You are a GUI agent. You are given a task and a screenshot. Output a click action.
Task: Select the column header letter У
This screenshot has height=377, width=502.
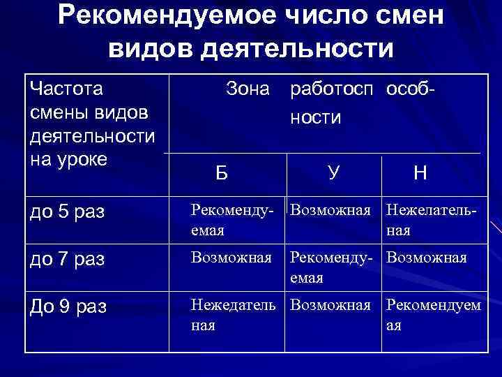333,171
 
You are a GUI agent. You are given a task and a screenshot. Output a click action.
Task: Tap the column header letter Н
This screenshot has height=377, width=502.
420,172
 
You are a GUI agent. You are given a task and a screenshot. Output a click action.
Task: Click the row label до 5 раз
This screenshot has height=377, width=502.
67,212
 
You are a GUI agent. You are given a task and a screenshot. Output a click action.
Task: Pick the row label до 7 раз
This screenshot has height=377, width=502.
67,259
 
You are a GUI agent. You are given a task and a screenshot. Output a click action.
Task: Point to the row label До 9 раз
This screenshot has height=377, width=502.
67,306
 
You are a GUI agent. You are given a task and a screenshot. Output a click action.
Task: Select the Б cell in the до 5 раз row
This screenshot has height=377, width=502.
232,219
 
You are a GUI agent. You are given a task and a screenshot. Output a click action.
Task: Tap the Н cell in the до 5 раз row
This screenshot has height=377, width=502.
432,219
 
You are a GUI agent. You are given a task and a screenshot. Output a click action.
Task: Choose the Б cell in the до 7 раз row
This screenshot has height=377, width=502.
232,258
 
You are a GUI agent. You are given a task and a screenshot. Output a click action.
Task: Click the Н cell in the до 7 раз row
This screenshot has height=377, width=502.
426,258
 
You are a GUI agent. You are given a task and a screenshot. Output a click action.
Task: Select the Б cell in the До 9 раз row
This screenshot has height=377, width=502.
234,315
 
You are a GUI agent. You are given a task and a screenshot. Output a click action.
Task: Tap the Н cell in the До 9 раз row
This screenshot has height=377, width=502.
433,315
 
